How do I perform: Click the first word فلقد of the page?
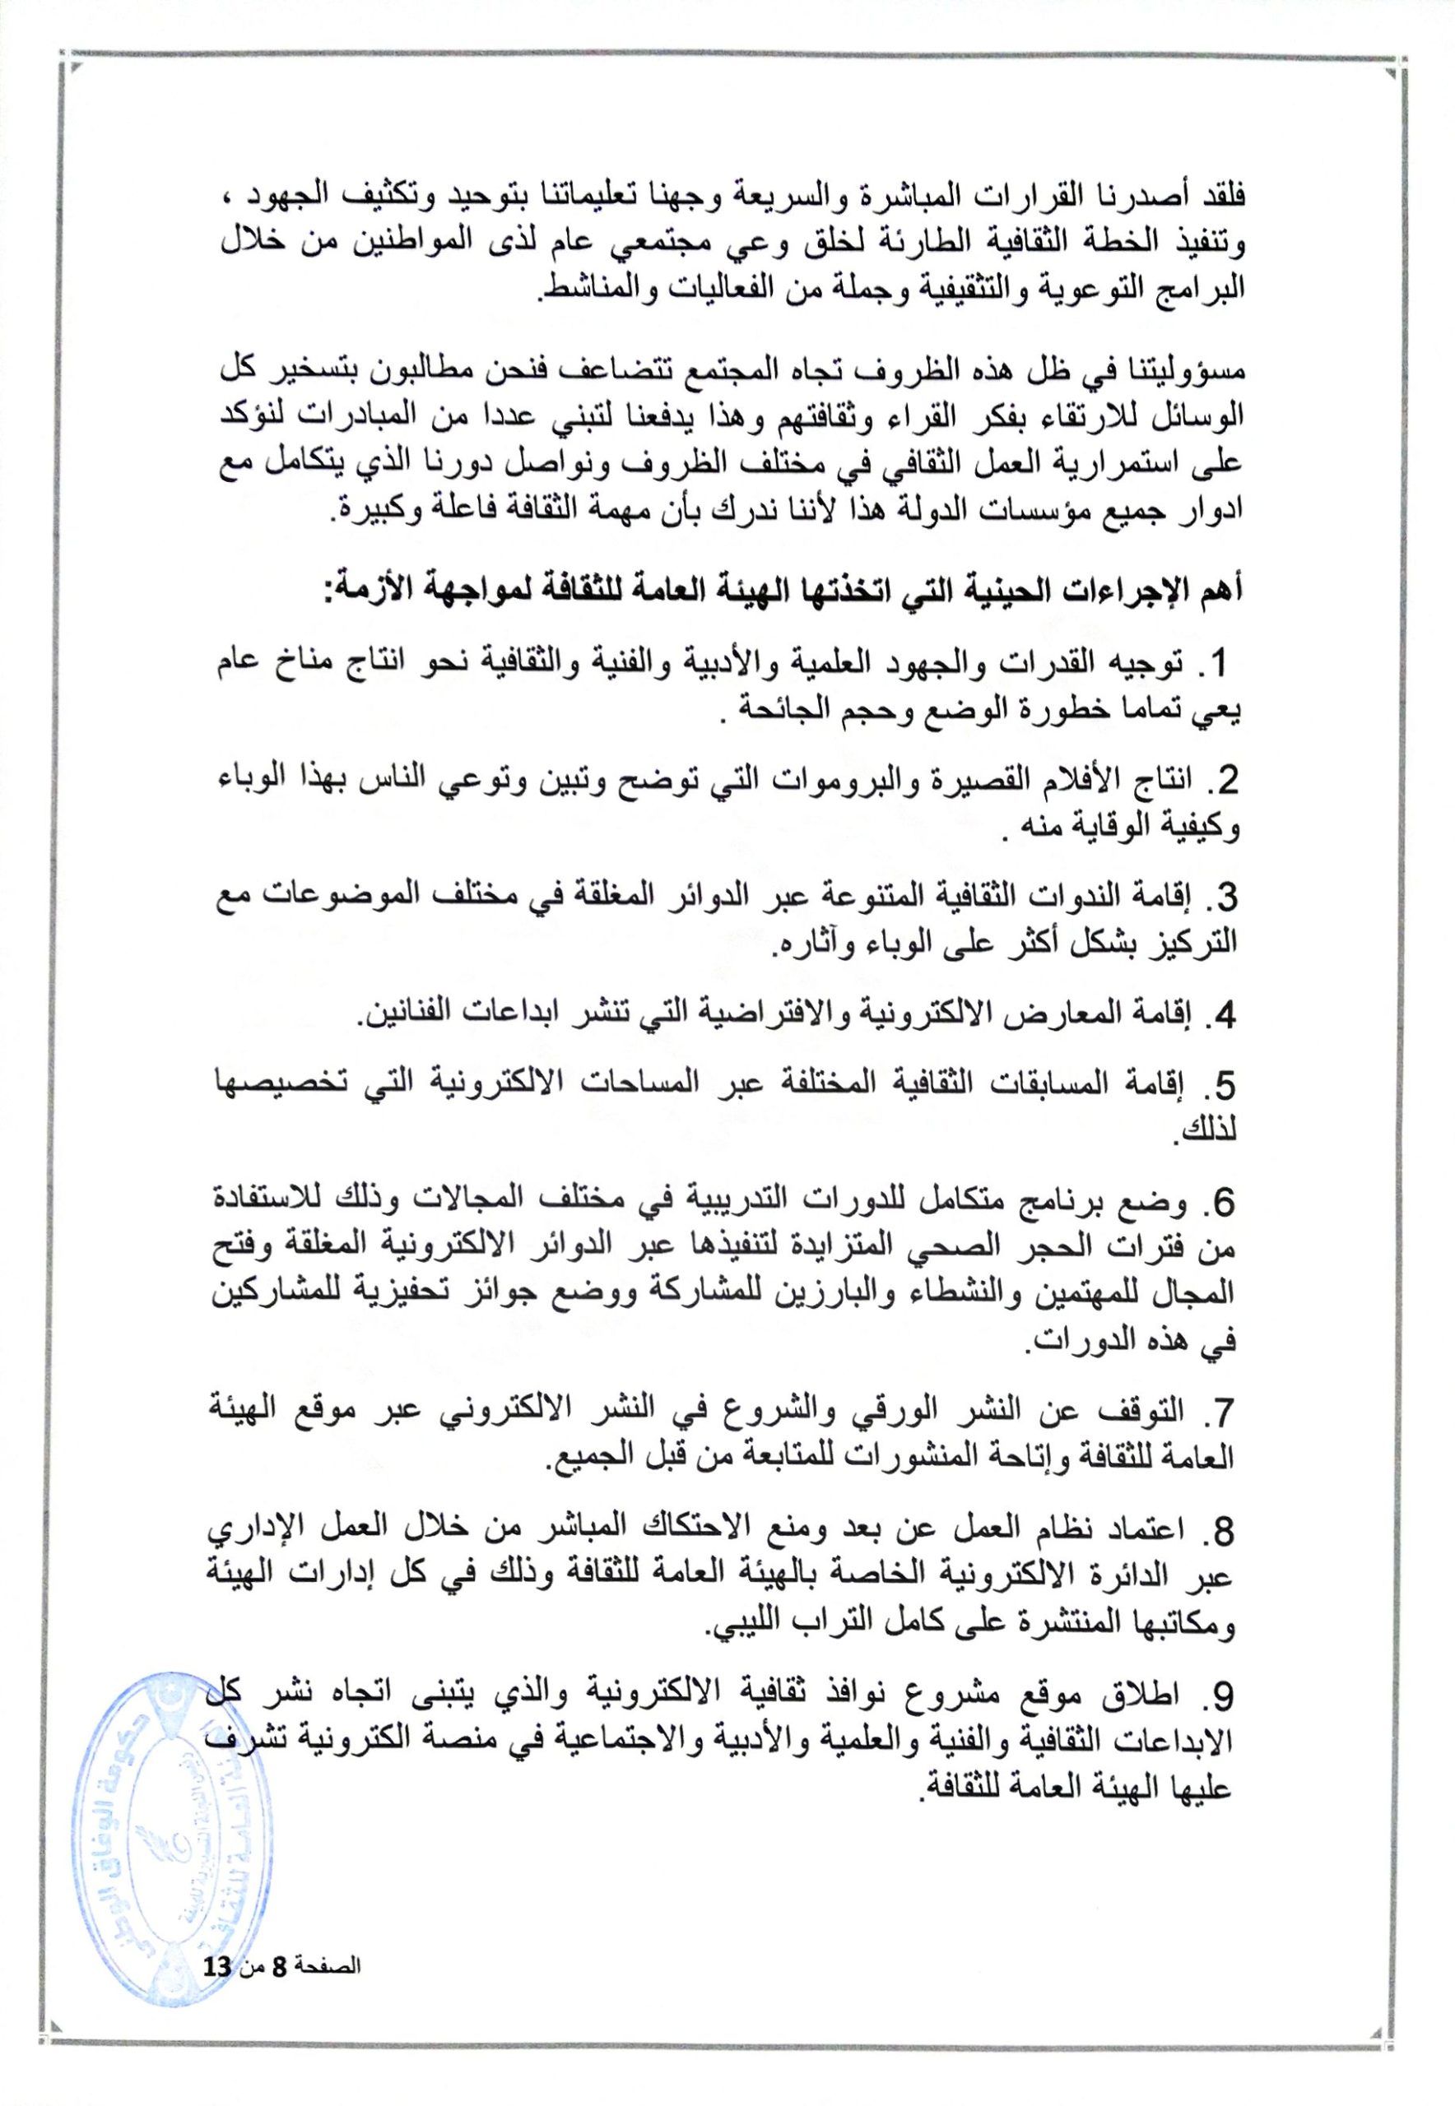[x=1211, y=196]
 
